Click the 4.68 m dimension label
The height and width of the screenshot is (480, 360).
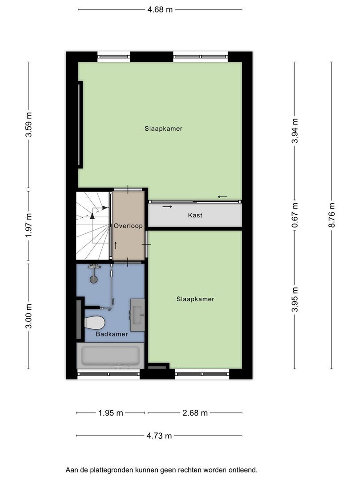(x=160, y=9)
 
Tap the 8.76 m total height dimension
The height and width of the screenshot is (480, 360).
(x=332, y=215)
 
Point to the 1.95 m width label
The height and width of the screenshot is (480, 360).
(x=111, y=413)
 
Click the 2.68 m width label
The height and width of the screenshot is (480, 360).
(x=195, y=413)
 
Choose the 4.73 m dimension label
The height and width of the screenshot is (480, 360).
(x=159, y=436)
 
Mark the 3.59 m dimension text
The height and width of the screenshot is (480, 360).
(x=28, y=124)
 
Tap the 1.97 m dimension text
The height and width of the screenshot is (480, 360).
(x=28, y=225)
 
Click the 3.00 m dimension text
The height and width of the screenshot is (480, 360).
(x=28, y=316)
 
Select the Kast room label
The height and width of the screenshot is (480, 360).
(x=195, y=215)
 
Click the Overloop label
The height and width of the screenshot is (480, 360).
(x=128, y=226)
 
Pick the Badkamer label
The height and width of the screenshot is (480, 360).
(x=112, y=334)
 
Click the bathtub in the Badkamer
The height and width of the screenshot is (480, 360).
(x=110, y=356)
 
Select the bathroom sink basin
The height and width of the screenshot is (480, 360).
(x=137, y=315)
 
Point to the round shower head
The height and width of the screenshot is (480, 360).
(x=93, y=279)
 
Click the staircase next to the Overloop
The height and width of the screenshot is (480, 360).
(x=93, y=226)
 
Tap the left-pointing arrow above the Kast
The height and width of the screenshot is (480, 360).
(x=223, y=196)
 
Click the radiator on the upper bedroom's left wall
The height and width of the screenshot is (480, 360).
(x=80, y=124)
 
